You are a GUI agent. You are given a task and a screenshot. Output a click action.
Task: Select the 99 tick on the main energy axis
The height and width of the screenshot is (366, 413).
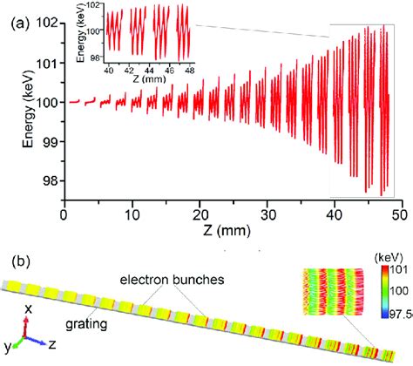50,141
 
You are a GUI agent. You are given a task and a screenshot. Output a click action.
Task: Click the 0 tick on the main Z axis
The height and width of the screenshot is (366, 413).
64,212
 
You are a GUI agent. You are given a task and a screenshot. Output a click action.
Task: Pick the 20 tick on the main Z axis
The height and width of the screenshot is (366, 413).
200,212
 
